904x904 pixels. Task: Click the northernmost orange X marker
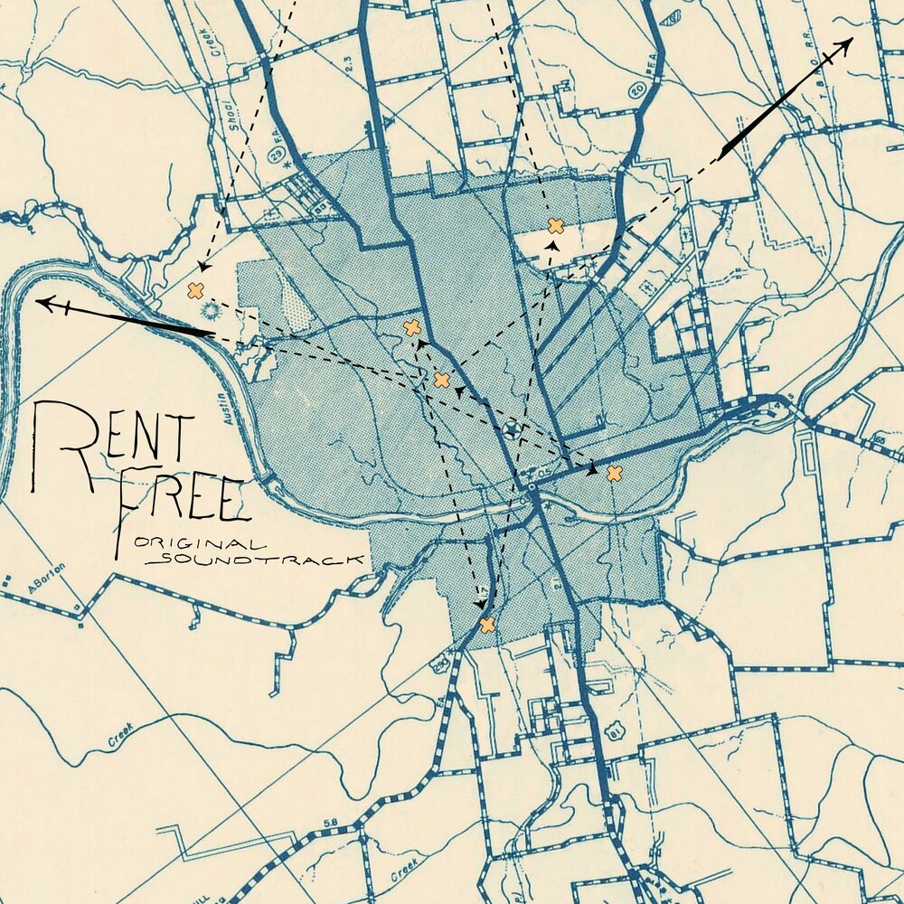pyautogui.click(x=556, y=226)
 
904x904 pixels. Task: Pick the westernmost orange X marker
pyautogui.click(x=194, y=290)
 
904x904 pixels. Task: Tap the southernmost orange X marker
pyautogui.click(x=487, y=625)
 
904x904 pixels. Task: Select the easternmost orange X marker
pyautogui.click(x=614, y=473)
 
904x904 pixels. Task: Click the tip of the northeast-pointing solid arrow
pyautogui.click(x=852, y=40)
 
